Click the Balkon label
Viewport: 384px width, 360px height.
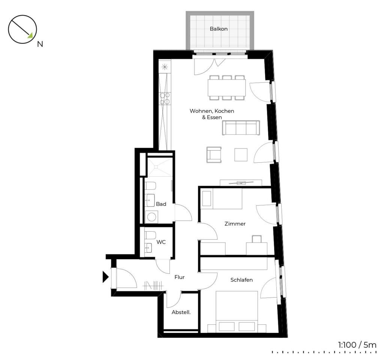tap(219, 29)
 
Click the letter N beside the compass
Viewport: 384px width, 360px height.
tap(40, 44)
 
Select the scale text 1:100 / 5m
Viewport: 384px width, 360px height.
tap(357, 345)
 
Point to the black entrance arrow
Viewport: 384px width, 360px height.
tap(105, 277)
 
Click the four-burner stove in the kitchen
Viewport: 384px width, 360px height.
tap(165, 99)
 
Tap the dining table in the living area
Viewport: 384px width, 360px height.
tap(226, 88)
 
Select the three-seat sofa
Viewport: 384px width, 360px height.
tap(241, 127)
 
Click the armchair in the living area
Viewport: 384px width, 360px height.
tap(214, 155)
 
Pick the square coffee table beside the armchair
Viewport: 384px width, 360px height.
tap(241, 155)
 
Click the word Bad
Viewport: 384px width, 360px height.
tap(161, 204)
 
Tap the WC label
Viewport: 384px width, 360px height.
tap(161, 242)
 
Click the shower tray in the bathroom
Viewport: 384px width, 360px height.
tap(159, 166)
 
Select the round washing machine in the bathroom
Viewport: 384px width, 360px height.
tap(151, 217)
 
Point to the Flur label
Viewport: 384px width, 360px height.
tap(180, 277)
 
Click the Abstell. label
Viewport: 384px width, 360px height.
tap(181, 312)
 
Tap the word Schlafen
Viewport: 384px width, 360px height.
tap(241, 280)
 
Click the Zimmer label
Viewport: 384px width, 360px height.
tap(235, 223)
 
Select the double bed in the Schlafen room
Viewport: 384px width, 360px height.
tap(237, 312)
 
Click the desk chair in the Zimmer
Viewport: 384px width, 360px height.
tap(256, 239)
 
